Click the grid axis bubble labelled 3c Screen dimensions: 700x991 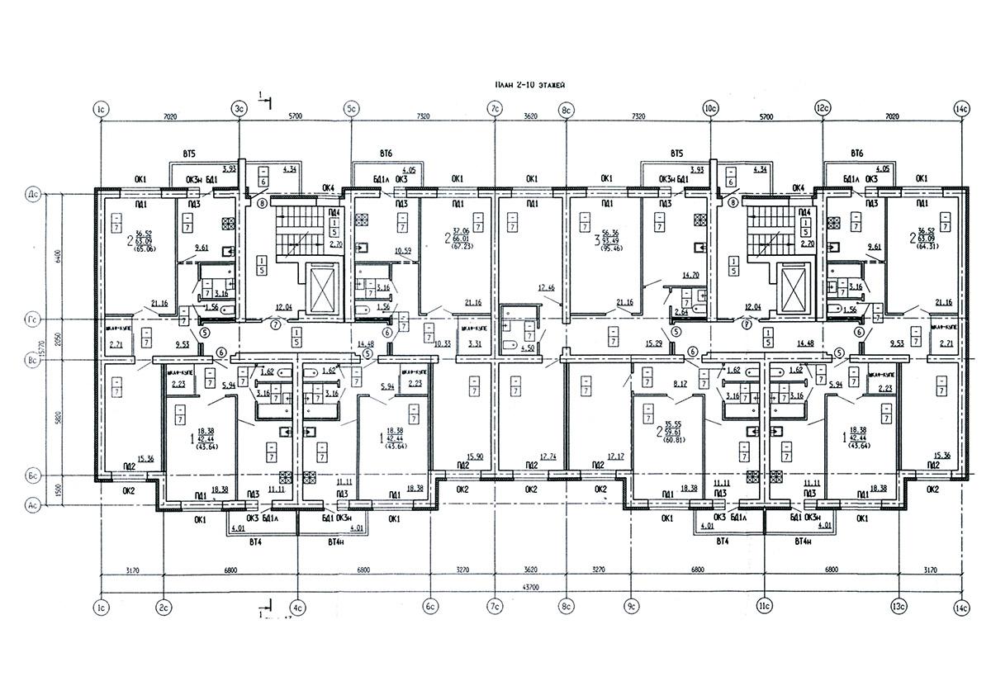239,108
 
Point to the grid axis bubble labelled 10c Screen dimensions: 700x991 709,108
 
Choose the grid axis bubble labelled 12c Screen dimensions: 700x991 823,108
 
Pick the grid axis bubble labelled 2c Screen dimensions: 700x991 164,608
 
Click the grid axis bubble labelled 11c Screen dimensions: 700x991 763,608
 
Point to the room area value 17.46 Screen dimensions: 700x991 545,287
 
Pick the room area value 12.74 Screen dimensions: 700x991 546,456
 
